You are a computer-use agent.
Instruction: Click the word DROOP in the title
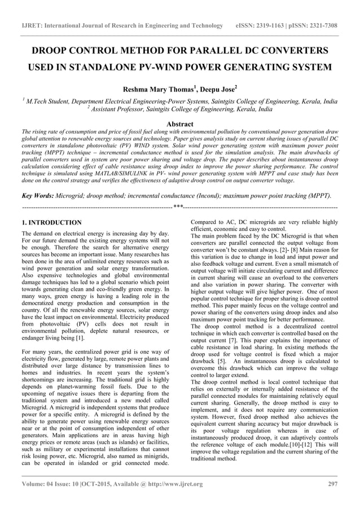(x=52, y=51)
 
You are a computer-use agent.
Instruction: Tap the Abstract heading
(x=180, y=124)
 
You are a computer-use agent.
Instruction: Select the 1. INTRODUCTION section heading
(x=51, y=223)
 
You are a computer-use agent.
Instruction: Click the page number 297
(x=332, y=484)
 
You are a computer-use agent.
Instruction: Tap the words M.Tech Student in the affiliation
(x=50, y=102)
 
